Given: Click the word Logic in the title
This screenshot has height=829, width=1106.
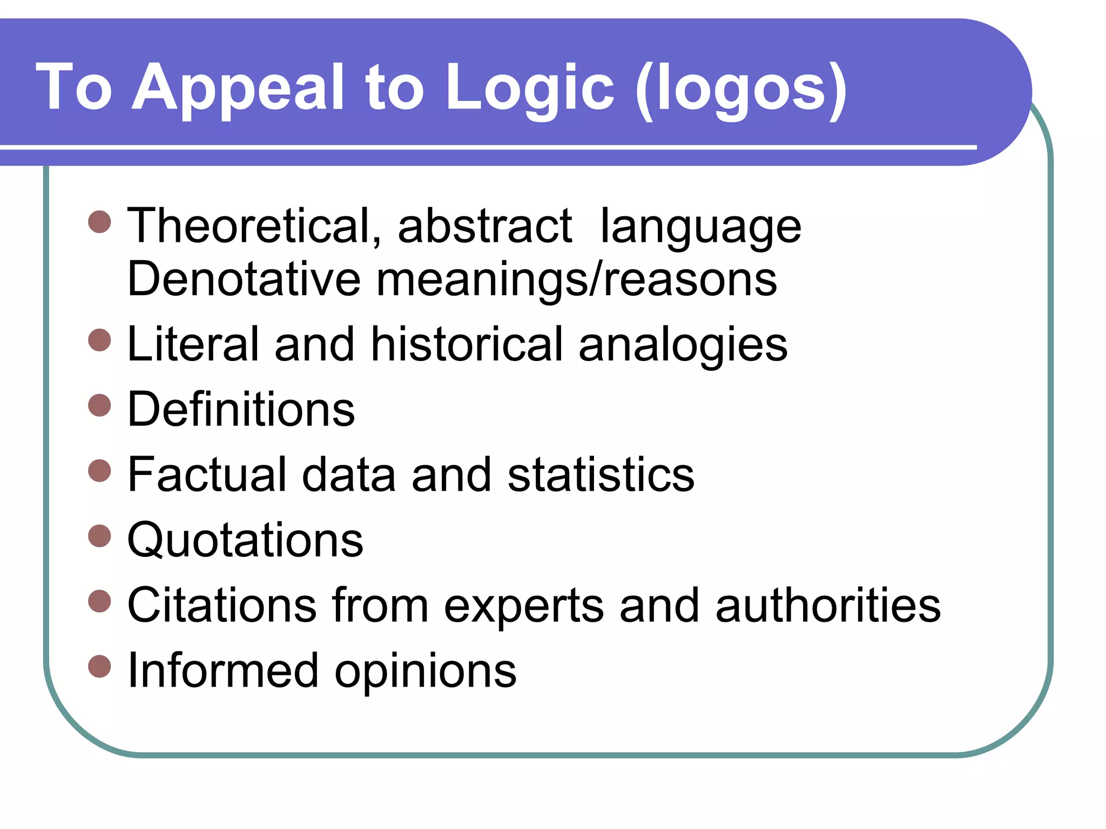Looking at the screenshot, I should click(530, 88).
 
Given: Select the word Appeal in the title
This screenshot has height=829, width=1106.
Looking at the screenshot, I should click(238, 88).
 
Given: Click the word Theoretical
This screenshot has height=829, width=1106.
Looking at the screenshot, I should click(254, 226).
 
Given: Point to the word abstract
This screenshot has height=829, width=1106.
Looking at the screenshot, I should click(484, 226).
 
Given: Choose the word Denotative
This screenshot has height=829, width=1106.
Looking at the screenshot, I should click(244, 279).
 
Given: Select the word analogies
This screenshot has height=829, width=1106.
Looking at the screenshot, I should click(683, 345).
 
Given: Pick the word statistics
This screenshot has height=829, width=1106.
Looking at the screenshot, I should click(601, 474).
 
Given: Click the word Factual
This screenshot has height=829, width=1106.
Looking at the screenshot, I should click(207, 474).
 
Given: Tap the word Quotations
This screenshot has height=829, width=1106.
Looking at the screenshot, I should click(245, 540).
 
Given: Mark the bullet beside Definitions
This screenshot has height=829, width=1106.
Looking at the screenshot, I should click(99, 405).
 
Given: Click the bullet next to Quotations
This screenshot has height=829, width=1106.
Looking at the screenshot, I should click(99, 536).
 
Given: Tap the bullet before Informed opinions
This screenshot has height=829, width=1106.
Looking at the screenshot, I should click(99, 667).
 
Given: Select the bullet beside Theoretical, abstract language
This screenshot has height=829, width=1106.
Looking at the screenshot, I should click(99, 222).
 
